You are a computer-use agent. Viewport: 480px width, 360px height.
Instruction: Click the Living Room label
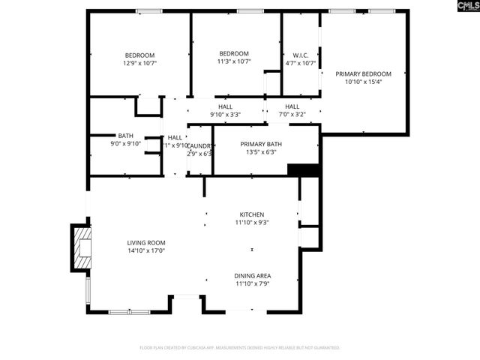[x=145, y=242]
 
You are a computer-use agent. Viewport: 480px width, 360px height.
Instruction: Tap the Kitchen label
[x=252, y=214]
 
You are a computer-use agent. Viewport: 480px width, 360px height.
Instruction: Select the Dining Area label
[x=252, y=275]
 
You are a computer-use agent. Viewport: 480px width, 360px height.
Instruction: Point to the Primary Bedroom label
[x=364, y=73]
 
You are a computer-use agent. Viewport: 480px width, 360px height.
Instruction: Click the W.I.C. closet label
[x=300, y=55]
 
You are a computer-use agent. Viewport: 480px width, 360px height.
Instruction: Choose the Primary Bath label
[x=261, y=143]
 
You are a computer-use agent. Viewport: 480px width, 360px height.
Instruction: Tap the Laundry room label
[x=199, y=145]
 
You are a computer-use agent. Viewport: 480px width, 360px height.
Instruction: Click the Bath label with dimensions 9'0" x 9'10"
[x=125, y=136]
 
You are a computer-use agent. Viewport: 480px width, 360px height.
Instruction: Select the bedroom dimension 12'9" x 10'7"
[x=139, y=63]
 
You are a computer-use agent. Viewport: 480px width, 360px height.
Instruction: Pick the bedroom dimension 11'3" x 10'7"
[x=234, y=61]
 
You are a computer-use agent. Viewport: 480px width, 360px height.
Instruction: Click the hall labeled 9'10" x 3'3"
[x=225, y=115]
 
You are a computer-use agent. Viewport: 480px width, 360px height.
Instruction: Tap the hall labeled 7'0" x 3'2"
[x=292, y=115]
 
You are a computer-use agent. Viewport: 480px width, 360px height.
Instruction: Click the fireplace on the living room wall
[x=81, y=247]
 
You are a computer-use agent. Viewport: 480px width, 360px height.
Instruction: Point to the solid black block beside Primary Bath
[x=304, y=169]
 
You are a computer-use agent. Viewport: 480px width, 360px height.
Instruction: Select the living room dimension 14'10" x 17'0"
[x=145, y=250]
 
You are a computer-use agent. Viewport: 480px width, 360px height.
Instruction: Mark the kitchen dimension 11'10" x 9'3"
[x=252, y=223]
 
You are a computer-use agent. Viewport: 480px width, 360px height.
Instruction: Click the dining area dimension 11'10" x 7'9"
[x=252, y=283]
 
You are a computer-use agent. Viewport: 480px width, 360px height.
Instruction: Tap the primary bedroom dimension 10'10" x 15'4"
[x=364, y=82]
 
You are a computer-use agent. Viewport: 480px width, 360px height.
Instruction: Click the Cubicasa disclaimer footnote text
[x=240, y=348]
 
